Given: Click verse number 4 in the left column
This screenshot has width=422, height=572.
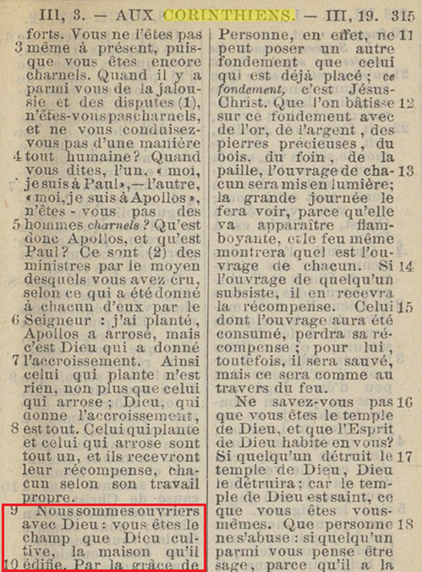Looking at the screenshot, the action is [19, 157].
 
